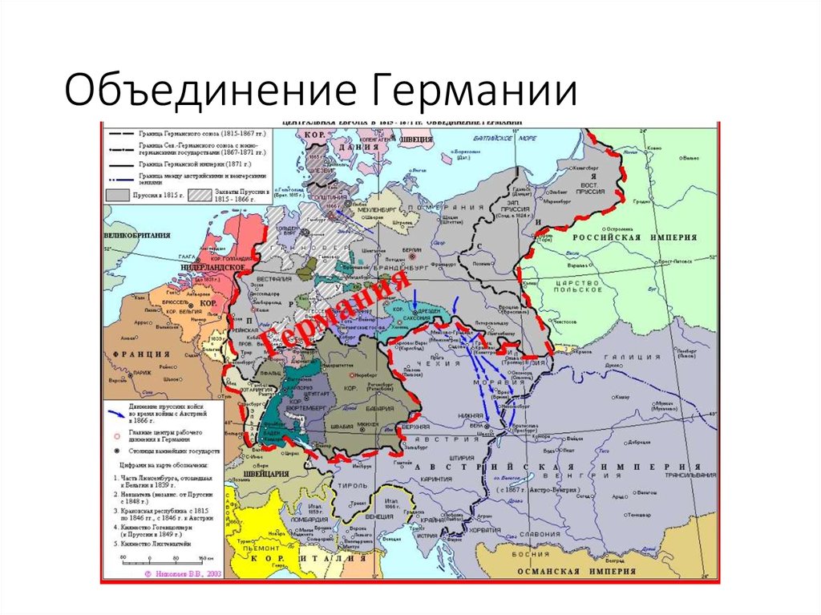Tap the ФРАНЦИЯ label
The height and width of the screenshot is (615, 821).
coord(142,353)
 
